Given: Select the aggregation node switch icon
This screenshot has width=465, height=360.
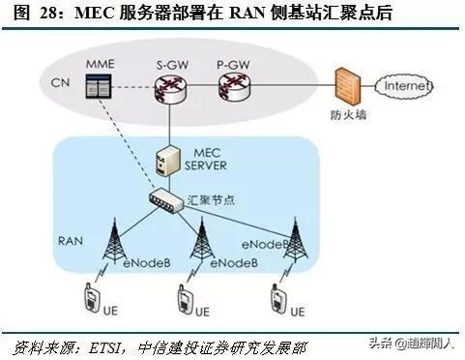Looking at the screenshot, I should [x=168, y=199].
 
